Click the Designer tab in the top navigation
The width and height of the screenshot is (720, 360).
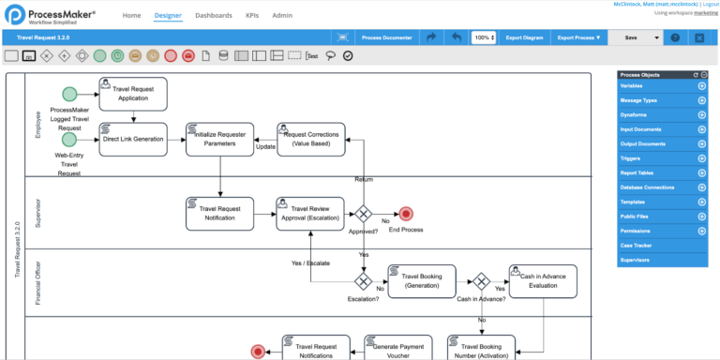click(x=169, y=16)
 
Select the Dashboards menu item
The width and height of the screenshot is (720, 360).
click(x=214, y=16)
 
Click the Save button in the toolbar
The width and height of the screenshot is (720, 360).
click(x=630, y=37)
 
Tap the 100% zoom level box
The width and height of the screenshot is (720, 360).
click(x=484, y=37)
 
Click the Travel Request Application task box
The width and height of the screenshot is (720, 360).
click(x=132, y=93)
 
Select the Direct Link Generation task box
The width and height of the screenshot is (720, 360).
click(x=132, y=139)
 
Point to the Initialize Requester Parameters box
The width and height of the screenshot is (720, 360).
click(x=219, y=139)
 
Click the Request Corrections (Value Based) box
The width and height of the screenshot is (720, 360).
click(x=311, y=139)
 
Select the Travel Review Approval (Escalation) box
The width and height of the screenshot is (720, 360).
click(x=311, y=213)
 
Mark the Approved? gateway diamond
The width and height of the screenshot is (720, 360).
click(x=362, y=213)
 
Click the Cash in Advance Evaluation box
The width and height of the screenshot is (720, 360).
click(x=543, y=281)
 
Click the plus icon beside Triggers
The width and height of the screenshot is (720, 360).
click(x=702, y=158)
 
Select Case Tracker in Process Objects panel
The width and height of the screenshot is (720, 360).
click(x=637, y=245)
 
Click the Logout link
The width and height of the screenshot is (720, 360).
click(x=710, y=4)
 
